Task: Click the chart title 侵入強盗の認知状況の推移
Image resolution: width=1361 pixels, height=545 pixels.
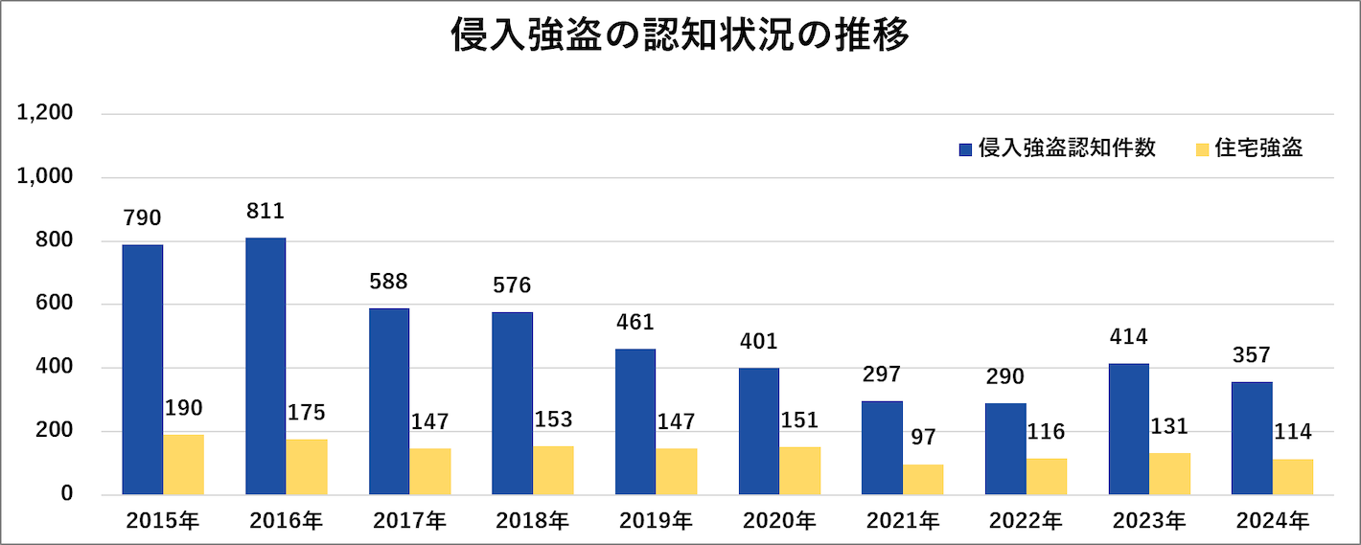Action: click(680, 35)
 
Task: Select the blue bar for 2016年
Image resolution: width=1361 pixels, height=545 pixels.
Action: click(265, 366)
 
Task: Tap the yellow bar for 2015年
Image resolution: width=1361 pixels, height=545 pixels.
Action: click(183, 465)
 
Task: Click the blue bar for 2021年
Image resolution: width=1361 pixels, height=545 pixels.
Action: click(882, 447)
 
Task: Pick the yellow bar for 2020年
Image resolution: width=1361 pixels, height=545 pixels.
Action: click(800, 470)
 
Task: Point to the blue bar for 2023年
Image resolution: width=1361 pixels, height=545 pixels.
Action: click(1128, 429)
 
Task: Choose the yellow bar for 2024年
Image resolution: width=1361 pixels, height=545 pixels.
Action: click(1293, 477)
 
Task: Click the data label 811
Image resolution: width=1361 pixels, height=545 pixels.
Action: click(265, 212)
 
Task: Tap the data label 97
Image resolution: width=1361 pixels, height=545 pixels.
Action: click(923, 437)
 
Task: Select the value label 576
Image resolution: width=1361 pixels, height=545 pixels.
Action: click(512, 285)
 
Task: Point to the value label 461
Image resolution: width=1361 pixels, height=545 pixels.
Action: click(635, 322)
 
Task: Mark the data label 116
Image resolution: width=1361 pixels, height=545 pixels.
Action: click(1046, 431)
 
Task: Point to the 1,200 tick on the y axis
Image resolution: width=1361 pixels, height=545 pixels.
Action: click(45, 114)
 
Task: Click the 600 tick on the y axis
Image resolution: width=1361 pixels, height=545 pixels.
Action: click(54, 305)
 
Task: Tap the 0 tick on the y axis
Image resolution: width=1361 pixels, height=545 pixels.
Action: click(67, 494)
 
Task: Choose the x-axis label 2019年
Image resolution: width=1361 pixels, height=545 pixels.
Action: click(657, 522)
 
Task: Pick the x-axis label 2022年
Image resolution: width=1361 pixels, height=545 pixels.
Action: click(1026, 522)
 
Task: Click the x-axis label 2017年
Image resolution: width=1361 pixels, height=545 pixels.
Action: click(409, 522)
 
